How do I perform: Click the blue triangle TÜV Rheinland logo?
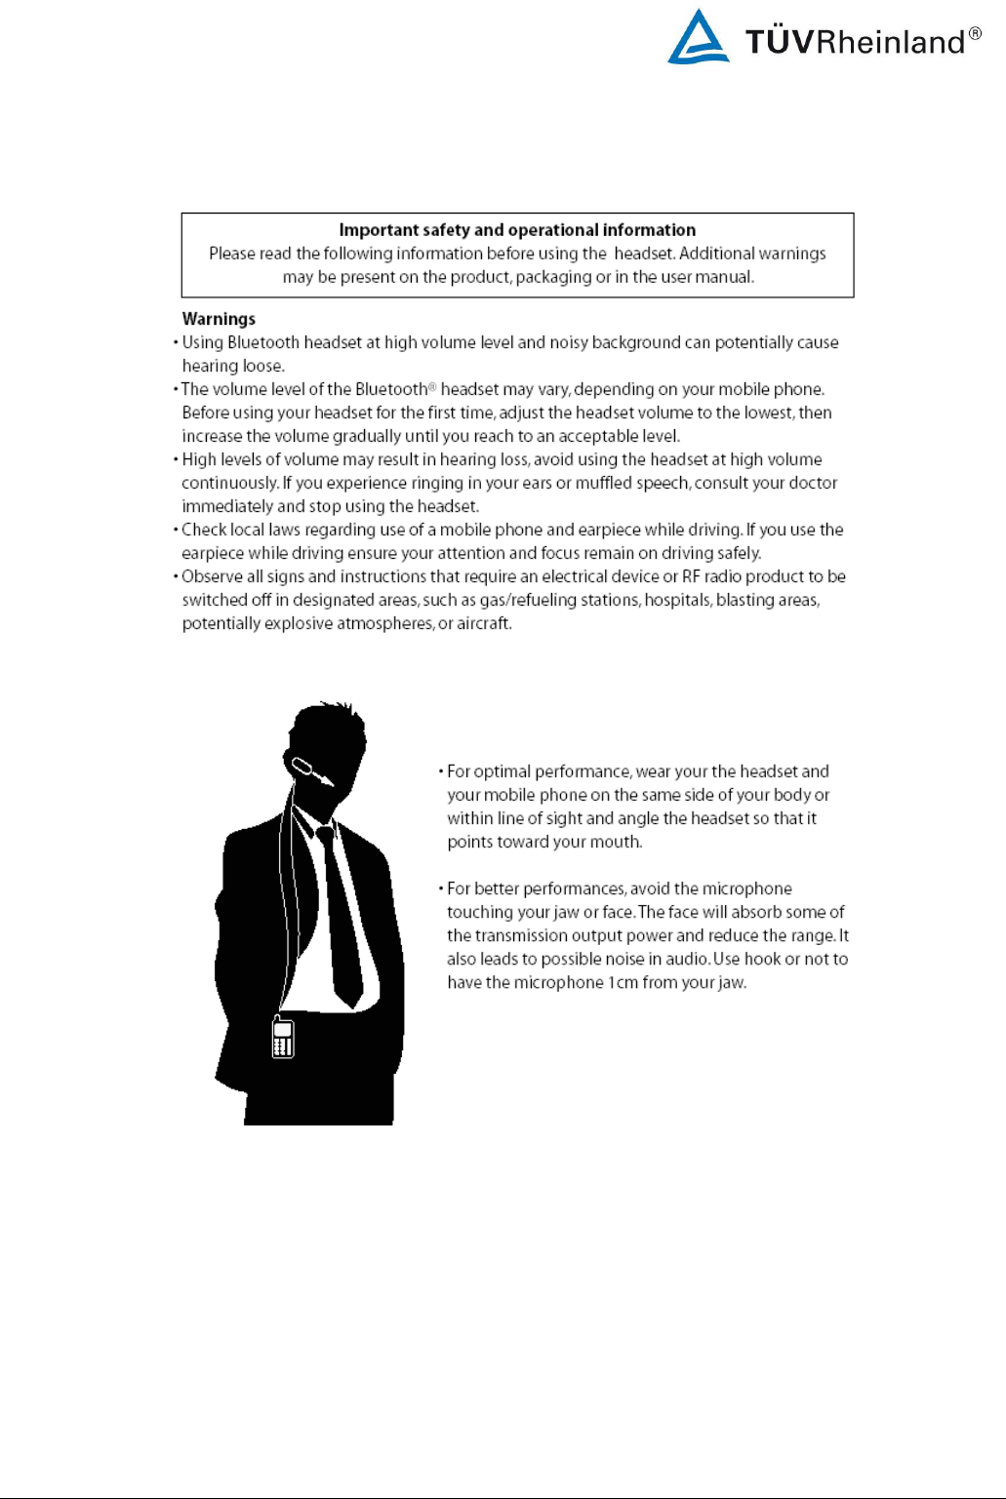pos(698,39)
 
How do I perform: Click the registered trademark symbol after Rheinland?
pos(975,35)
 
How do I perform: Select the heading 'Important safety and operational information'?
pos(517,230)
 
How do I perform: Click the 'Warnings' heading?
pos(219,319)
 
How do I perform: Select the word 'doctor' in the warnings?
pos(814,483)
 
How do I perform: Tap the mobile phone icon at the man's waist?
pos(283,1039)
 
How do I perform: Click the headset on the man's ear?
pos(311,769)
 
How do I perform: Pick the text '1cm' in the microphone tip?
pos(623,982)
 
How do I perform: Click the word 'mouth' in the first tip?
pos(615,842)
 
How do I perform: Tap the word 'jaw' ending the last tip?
pos(731,982)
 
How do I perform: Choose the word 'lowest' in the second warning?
pos(767,413)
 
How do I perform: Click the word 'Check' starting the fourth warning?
pos(204,530)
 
